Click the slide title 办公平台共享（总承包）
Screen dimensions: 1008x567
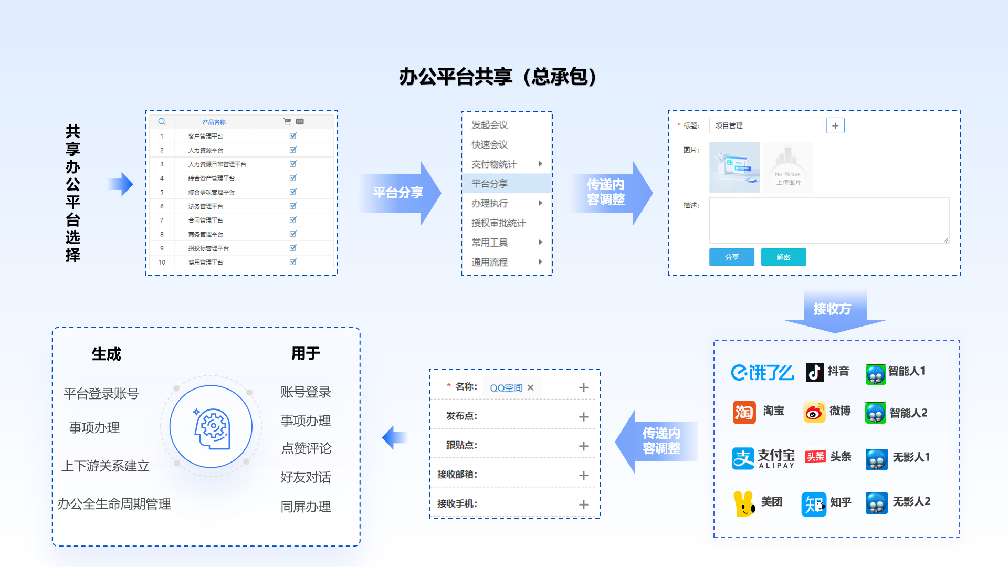pyautogui.click(x=498, y=77)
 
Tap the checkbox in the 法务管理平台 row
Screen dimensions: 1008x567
pyautogui.click(x=293, y=206)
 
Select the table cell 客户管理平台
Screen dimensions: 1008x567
pyautogui.click(x=206, y=136)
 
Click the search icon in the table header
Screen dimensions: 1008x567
pyautogui.click(x=162, y=122)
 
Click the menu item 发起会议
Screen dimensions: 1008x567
pyautogui.click(x=489, y=125)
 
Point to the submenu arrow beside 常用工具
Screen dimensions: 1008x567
pyautogui.click(x=540, y=242)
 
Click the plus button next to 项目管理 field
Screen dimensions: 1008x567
pyautogui.click(x=835, y=125)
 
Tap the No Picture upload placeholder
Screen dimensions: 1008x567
pyautogui.click(x=787, y=167)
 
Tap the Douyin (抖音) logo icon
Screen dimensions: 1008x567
pyautogui.click(x=815, y=372)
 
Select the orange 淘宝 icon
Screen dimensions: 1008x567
pyautogui.click(x=744, y=412)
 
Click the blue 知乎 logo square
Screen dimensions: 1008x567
pyautogui.click(x=814, y=505)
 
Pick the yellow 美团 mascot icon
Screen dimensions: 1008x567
pyautogui.click(x=743, y=503)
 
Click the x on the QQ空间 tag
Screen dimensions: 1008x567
pyautogui.click(x=530, y=387)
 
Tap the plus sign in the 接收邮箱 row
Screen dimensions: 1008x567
pyautogui.click(x=583, y=475)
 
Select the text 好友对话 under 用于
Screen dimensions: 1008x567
pyautogui.click(x=306, y=477)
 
